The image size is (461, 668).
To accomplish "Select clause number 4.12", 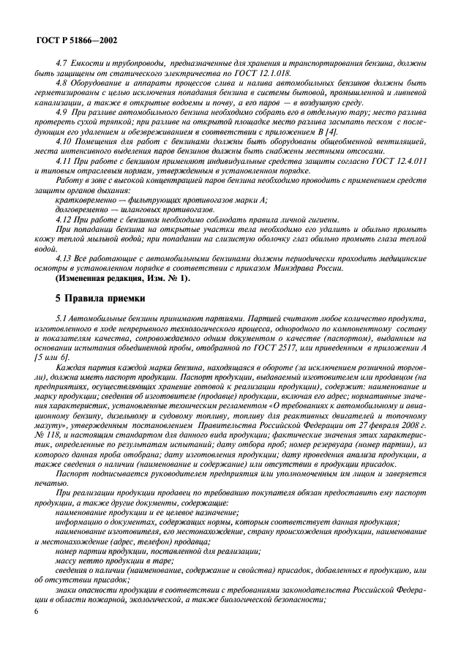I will point(65,219).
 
